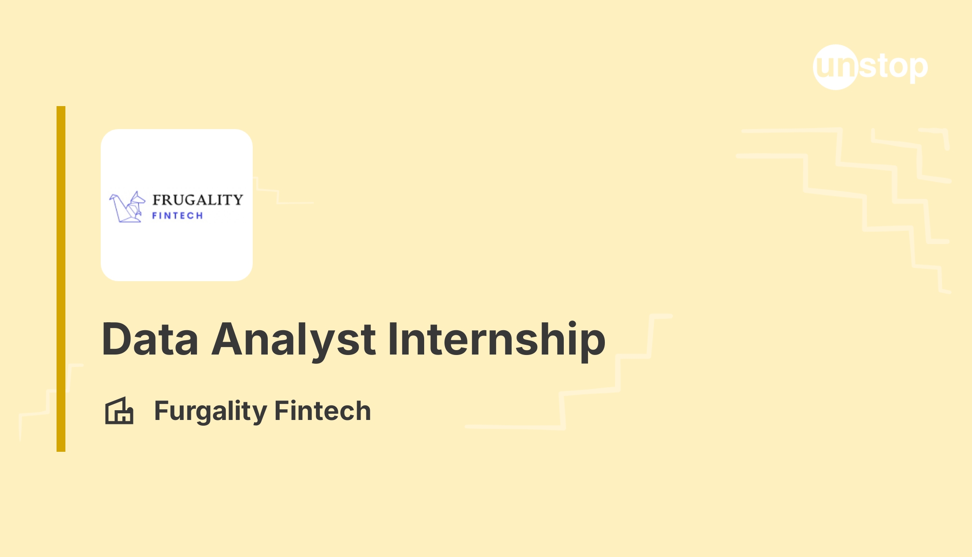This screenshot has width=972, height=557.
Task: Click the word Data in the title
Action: click(x=150, y=339)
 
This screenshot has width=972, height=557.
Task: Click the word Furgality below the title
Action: click(x=210, y=411)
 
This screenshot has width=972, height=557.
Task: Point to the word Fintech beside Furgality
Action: click(x=323, y=410)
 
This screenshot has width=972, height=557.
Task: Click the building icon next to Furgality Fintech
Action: click(x=119, y=410)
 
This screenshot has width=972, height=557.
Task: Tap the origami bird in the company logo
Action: click(x=127, y=206)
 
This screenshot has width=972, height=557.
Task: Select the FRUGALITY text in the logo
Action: click(x=197, y=200)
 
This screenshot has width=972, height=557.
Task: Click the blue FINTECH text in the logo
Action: click(x=178, y=216)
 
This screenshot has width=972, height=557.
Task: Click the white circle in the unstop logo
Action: click(x=835, y=67)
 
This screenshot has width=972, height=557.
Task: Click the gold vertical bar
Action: click(x=61, y=279)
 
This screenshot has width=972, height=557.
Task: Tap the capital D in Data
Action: click(x=117, y=339)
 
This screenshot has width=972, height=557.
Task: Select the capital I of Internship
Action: click(x=392, y=339)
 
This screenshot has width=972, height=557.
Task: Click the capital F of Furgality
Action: click(x=162, y=410)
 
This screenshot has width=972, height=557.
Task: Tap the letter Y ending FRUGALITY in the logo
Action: click(x=237, y=200)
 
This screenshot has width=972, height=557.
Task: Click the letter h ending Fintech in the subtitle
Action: click(x=363, y=410)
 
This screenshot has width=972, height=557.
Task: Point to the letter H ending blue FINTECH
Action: click(x=200, y=216)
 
